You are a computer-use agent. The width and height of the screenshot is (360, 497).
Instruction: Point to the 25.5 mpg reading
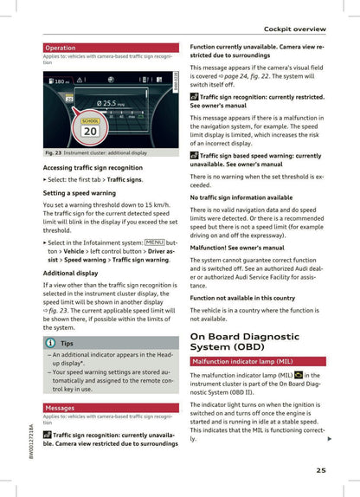[112, 103]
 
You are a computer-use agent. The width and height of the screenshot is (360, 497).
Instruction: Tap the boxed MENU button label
[154, 243]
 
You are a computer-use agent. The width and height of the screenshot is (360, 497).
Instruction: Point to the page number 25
[321, 471]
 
